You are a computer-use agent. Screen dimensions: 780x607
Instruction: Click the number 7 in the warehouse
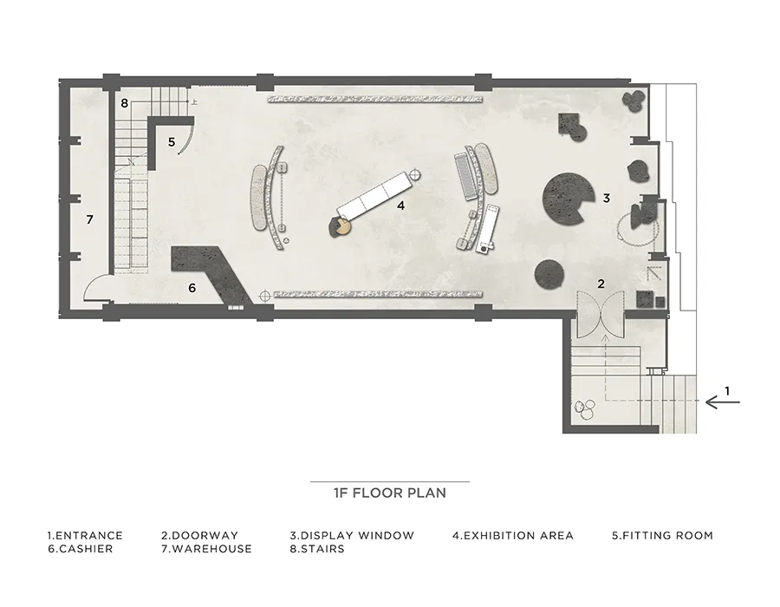(89, 219)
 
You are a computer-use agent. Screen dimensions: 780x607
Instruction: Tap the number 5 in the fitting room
(172, 142)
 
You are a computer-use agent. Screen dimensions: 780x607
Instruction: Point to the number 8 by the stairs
(124, 103)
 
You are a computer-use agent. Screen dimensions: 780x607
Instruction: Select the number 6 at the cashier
(192, 288)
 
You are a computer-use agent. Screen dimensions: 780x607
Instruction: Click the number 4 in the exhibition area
(401, 205)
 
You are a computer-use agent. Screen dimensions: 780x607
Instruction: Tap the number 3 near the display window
(607, 198)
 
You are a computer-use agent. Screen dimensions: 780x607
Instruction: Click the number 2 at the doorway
(601, 284)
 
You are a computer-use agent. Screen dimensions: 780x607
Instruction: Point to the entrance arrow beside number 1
(722, 401)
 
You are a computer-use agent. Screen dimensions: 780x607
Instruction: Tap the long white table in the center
(374, 194)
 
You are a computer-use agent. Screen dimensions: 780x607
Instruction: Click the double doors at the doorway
(601, 313)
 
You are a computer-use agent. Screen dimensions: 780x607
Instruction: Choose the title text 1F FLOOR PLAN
(390, 493)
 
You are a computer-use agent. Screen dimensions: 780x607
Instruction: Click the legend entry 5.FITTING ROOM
(663, 535)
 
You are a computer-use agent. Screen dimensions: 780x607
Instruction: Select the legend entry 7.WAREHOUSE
(206, 549)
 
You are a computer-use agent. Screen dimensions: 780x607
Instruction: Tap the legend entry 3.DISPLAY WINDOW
(352, 535)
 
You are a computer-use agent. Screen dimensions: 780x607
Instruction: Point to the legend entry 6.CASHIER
(80, 549)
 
